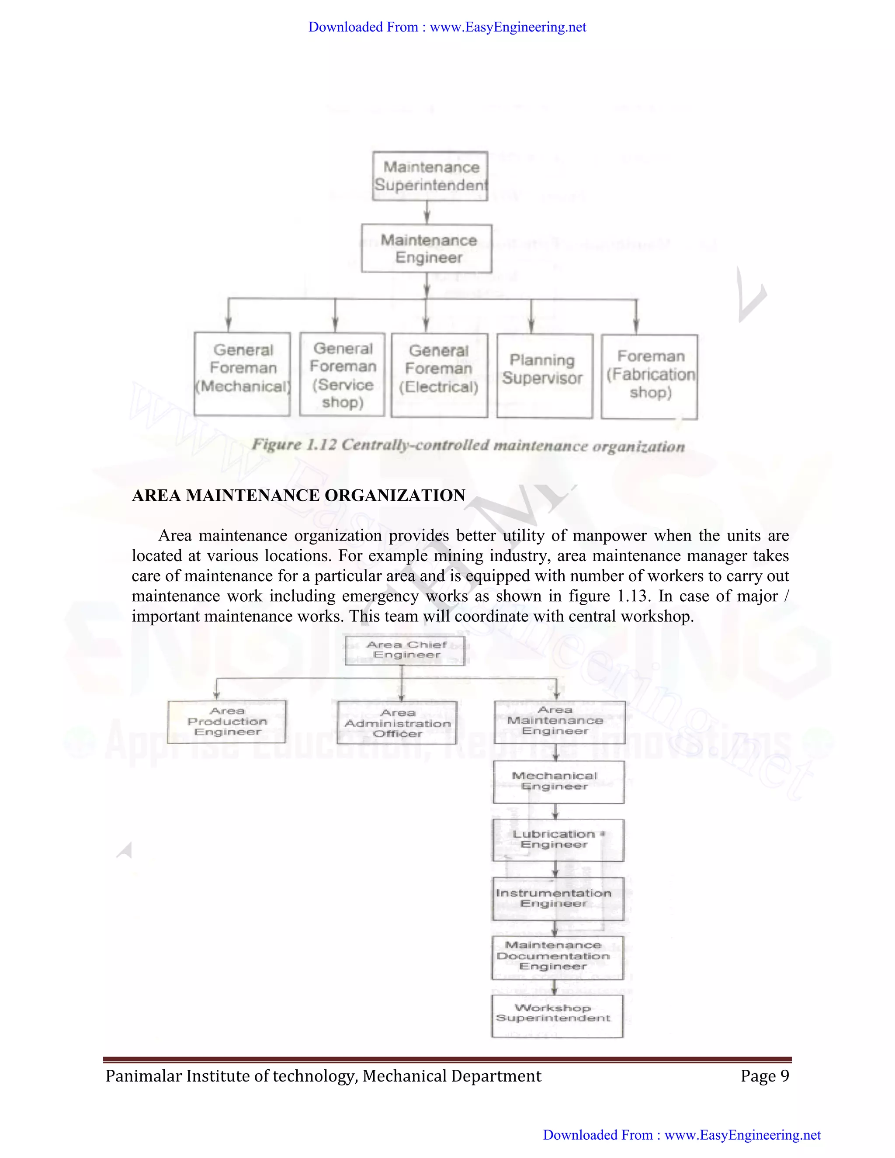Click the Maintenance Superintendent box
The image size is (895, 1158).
coord(430,176)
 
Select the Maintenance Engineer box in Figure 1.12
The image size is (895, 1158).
coord(427,249)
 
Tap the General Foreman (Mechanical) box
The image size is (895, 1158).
coord(242,374)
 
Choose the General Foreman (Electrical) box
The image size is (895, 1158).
coord(440,375)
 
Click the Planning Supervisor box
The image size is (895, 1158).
coord(545,375)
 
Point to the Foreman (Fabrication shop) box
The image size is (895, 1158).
coord(649,376)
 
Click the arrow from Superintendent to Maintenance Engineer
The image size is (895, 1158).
coord(427,213)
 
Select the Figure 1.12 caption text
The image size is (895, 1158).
coord(468,445)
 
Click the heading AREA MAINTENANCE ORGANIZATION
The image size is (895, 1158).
coord(298,495)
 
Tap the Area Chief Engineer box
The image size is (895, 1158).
coord(406,650)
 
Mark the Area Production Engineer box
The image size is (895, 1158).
coord(227,721)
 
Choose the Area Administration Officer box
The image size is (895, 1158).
coord(397,723)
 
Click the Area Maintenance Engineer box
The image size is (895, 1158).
coord(559,721)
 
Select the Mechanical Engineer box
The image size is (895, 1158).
coord(559,782)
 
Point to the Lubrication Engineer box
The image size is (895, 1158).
coord(559,840)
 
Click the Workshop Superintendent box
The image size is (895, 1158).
coord(557,1016)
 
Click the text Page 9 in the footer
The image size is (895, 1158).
coord(765,1076)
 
